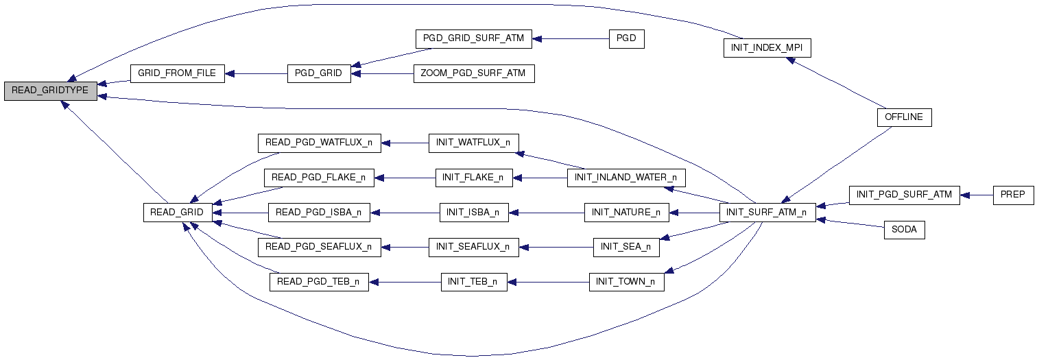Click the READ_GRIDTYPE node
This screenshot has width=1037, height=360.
pos(50,91)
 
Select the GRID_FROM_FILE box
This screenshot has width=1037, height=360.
pos(177,73)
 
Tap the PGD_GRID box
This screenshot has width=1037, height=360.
pos(318,73)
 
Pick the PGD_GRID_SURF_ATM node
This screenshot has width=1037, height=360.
pos(473,38)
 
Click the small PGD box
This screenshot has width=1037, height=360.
pos(626,38)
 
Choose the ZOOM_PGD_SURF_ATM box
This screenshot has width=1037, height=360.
pos(473,73)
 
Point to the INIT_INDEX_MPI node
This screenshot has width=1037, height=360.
pos(767,48)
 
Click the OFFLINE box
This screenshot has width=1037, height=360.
pos(904,117)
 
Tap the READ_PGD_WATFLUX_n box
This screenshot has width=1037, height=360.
pos(319,143)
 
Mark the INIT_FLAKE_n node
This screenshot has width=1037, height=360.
pos(473,178)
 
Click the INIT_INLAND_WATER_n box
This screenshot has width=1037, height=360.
pos(625,178)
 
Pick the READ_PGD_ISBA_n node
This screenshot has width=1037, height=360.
pos(318,213)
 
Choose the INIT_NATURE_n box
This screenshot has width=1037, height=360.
pos(625,213)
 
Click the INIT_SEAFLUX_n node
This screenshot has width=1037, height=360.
pos(473,247)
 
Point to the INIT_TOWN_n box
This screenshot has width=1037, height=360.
pos(625,282)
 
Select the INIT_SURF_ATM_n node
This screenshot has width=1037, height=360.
pos(767,213)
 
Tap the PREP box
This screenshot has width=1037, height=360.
pos(1012,195)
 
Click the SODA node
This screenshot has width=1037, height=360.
pos(904,230)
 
